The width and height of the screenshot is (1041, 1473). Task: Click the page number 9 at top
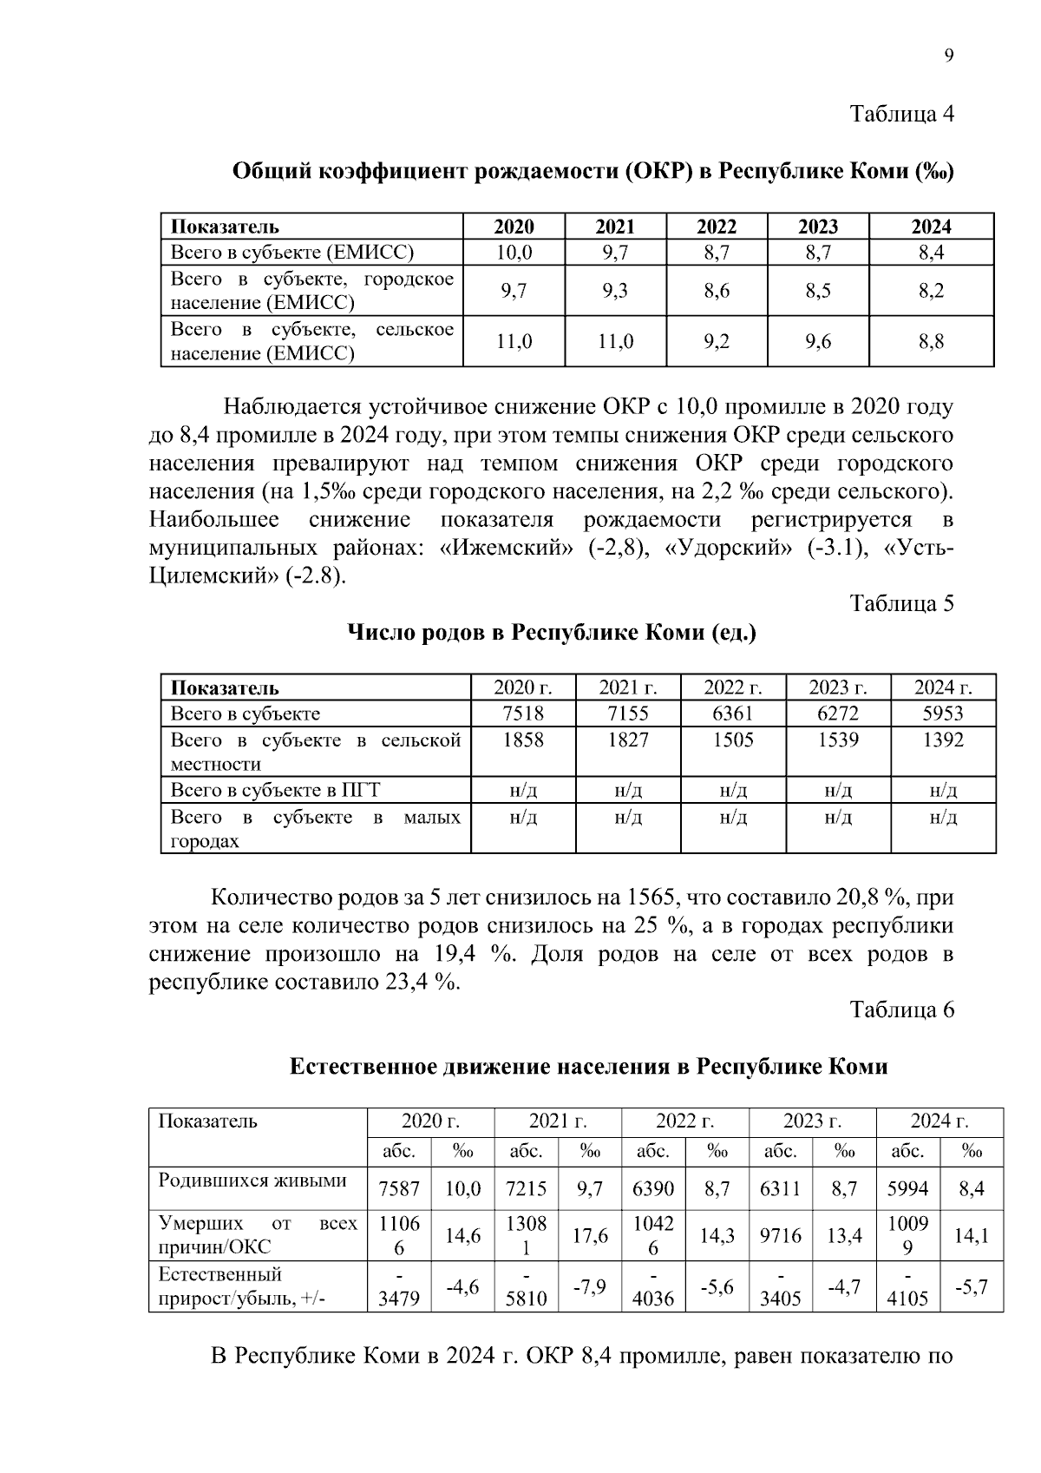tap(948, 56)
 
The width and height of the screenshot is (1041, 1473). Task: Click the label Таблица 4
tap(901, 115)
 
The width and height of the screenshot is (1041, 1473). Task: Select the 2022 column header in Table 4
tap(717, 227)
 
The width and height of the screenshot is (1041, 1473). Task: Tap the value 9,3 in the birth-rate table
tap(615, 291)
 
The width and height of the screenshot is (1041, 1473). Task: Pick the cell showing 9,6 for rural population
tap(817, 342)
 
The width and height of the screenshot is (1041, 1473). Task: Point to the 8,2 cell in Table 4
tap(931, 291)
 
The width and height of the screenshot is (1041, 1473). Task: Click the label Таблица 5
tap(901, 603)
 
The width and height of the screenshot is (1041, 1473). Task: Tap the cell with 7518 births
tap(523, 713)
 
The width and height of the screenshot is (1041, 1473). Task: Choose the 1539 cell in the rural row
tap(838, 740)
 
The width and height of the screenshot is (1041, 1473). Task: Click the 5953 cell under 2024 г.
tap(943, 713)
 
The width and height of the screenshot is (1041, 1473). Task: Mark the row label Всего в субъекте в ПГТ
tap(275, 790)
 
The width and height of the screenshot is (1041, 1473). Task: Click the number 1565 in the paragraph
tap(655, 898)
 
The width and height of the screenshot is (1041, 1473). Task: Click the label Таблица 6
tap(901, 1009)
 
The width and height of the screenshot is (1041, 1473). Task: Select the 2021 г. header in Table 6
tap(557, 1121)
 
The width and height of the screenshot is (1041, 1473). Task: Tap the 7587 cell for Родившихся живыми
tap(399, 1188)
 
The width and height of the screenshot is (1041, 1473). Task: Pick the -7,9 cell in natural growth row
tap(590, 1286)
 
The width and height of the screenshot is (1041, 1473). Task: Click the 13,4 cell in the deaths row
tap(844, 1235)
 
